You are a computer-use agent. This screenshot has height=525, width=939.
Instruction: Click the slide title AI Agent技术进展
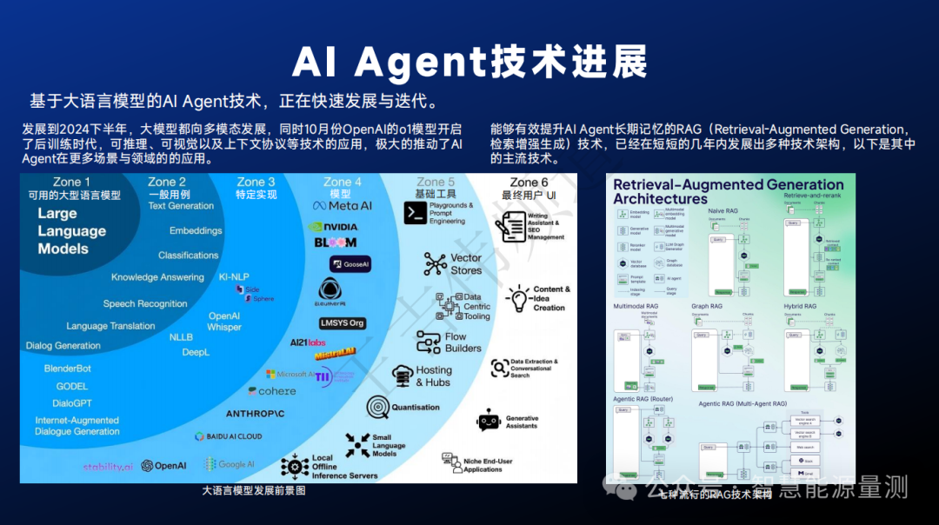tap(469, 62)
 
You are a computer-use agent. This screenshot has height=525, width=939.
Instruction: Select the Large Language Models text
tap(71, 231)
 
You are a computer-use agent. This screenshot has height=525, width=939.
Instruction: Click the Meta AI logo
tap(343, 206)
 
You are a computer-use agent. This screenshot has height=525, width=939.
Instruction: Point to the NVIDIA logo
tap(333, 227)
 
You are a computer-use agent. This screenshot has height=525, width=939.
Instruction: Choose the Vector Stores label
tap(465, 264)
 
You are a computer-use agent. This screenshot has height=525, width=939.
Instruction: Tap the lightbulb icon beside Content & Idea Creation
tap(518, 298)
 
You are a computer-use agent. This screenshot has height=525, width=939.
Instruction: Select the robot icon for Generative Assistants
tap(489, 420)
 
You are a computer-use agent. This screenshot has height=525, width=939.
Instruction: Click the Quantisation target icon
tap(378, 407)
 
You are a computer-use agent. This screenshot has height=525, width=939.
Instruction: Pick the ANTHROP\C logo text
tap(255, 414)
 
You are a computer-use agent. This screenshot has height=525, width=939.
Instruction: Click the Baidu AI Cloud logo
tap(228, 436)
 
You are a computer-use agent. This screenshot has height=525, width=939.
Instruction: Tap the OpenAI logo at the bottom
tap(163, 466)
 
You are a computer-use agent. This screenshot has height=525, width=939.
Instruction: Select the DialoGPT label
tap(72, 403)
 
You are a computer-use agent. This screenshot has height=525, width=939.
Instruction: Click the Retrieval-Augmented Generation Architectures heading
tap(729, 191)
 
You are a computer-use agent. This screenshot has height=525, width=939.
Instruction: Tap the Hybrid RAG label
tap(800, 307)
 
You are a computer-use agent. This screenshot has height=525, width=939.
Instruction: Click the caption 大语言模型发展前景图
tap(254, 491)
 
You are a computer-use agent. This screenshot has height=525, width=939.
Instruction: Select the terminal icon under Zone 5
tap(415, 213)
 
